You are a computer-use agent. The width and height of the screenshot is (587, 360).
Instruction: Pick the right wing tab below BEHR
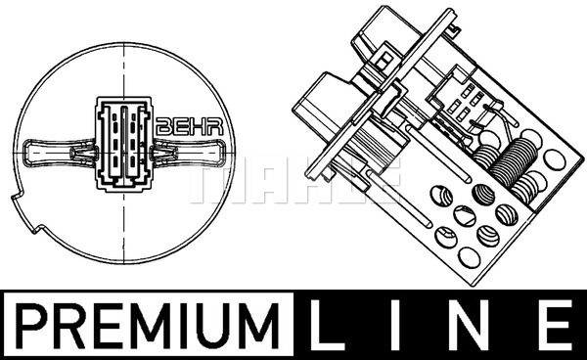196,154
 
